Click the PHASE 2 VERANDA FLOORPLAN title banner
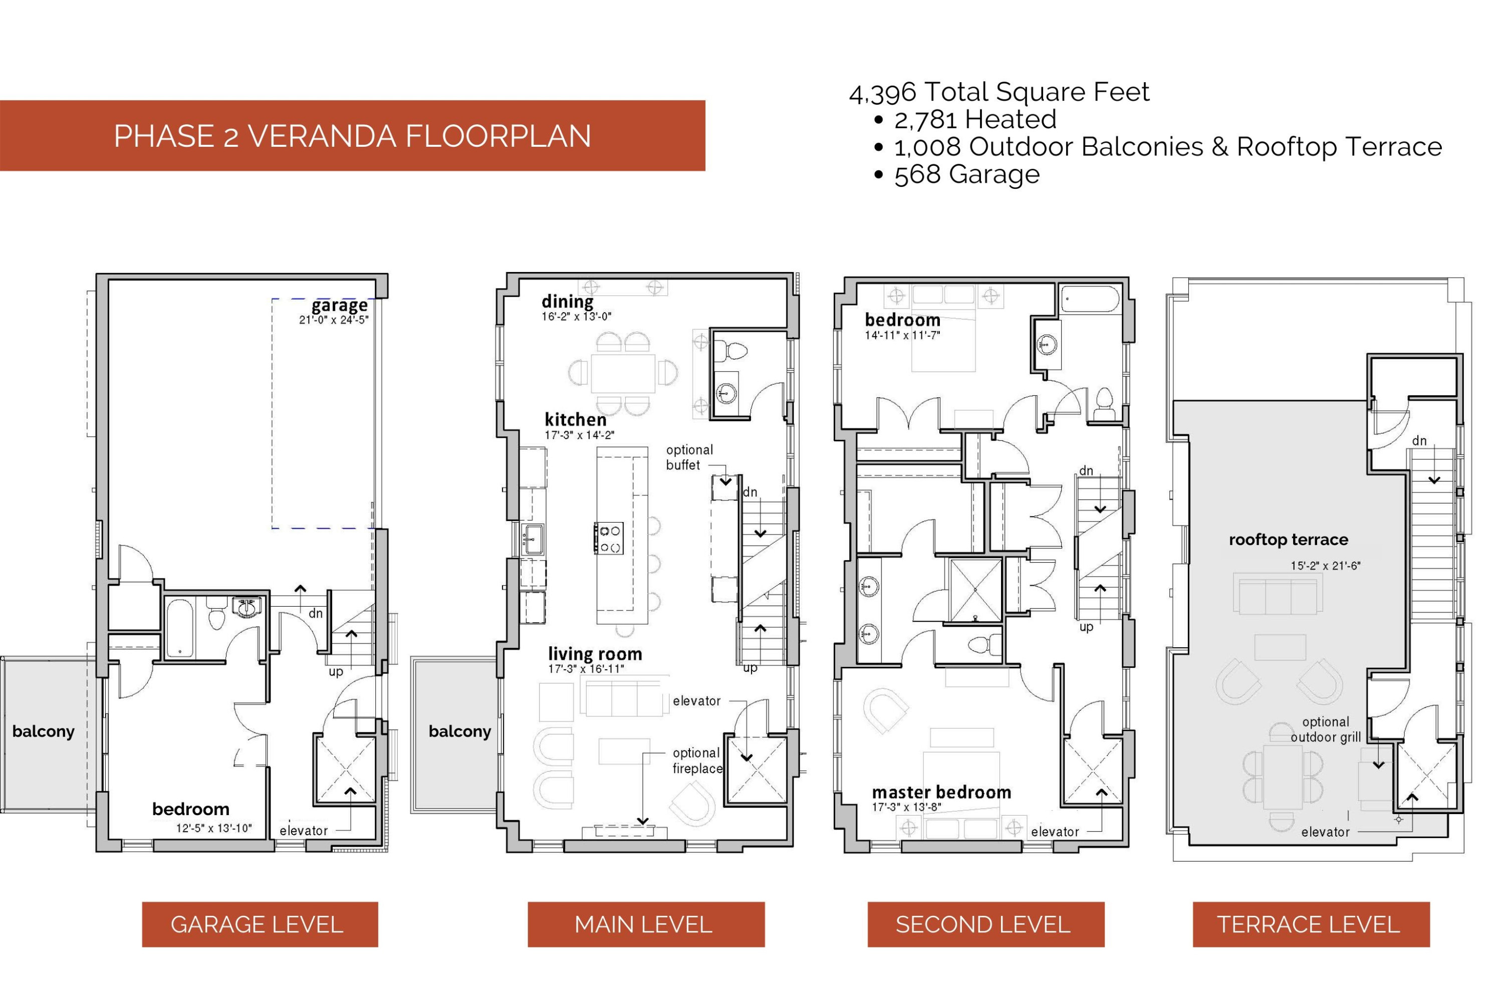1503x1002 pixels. [352, 135]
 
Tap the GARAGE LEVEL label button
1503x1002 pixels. [260, 924]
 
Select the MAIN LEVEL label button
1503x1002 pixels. [646, 924]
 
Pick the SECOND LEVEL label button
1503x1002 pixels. [986, 924]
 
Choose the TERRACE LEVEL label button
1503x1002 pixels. [1311, 924]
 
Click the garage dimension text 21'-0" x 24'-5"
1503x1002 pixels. [334, 320]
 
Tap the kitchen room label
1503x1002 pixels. [575, 420]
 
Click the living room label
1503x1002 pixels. [595, 654]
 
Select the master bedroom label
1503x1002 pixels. [941, 793]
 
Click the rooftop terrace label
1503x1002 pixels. [1288, 540]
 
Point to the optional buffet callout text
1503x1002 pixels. [689, 457]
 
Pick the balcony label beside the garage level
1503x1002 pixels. [44, 731]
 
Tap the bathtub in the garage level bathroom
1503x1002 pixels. [181, 628]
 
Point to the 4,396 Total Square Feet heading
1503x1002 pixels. [999, 92]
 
